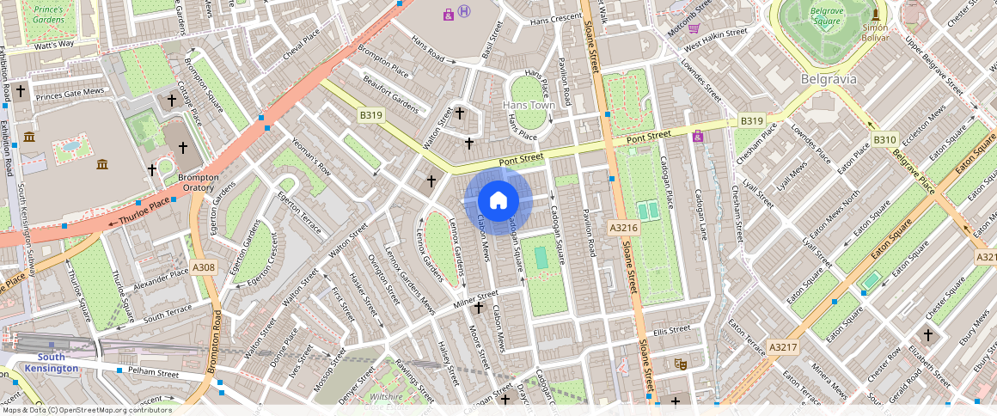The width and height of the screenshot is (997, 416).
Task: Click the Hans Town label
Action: [529, 105]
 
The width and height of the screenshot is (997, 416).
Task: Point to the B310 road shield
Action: [884, 139]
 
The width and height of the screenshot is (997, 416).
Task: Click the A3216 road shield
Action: [623, 228]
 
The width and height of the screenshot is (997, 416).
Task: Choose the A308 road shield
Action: [204, 268]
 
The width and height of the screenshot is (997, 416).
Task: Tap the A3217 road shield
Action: [783, 347]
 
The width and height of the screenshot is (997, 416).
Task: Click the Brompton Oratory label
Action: [199, 182]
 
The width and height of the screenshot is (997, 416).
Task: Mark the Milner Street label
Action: [475, 297]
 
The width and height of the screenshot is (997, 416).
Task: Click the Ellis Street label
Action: [671, 330]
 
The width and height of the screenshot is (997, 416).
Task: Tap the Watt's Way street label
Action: [54, 43]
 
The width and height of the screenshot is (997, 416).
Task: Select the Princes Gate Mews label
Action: [70, 91]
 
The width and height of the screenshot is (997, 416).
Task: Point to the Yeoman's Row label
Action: [311, 156]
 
